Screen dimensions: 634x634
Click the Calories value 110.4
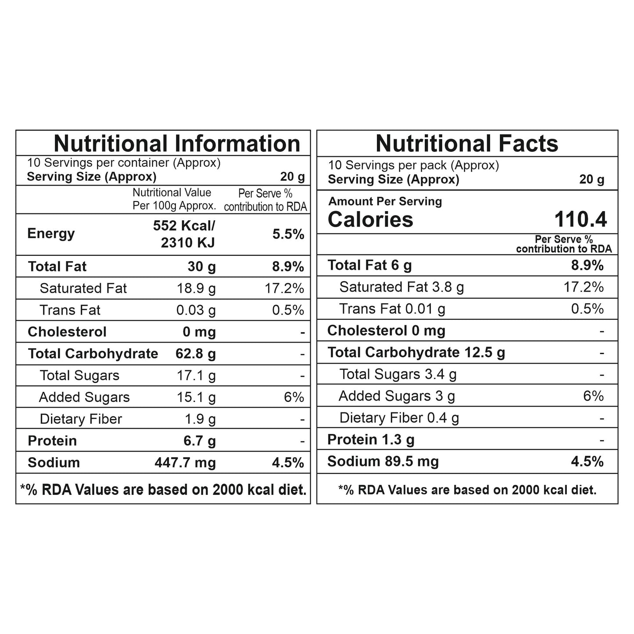coord(580,219)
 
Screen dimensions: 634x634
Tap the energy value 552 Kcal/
coord(184,226)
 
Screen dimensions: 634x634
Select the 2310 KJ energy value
coord(188,242)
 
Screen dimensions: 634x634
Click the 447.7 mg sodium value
coord(185,462)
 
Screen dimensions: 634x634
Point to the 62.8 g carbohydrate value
coord(196,354)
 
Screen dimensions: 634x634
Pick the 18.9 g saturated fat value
coord(196,288)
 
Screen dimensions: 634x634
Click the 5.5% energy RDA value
coord(288,234)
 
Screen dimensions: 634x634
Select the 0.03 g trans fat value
coord(196,310)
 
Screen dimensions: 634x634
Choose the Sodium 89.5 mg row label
coord(383,462)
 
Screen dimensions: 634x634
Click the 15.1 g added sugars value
coord(196,397)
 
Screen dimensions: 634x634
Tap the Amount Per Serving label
coord(385,201)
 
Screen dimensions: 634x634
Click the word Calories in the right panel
coord(370,219)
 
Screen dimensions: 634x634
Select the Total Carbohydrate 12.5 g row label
coord(416,352)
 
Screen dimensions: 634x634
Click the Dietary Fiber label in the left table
coord(81,419)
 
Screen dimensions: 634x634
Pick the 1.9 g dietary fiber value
coord(200,419)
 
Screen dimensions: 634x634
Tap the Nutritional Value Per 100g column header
coord(174,199)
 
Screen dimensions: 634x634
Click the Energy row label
coord(51,233)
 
